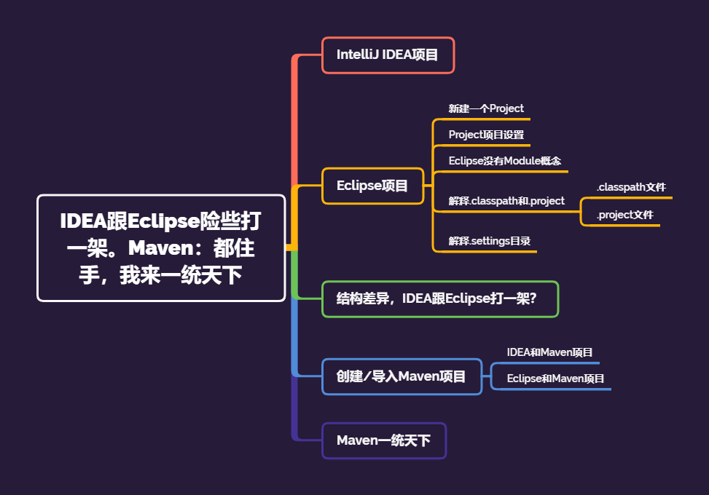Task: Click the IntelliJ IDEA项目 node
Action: click(388, 55)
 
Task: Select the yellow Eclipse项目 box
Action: click(372, 186)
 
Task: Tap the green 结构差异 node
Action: click(440, 298)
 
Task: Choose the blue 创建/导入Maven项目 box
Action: click(401, 376)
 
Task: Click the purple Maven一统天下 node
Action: click(383, 440)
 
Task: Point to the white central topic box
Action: click(161, 247)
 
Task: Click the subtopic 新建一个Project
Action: click(486, 108)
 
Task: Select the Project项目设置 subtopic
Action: click(486, 135)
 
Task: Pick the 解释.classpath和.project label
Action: click(506, 201)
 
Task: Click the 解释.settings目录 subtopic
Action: click(489, 240)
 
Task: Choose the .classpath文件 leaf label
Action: click(631, 188)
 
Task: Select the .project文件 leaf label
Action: click(624, 215)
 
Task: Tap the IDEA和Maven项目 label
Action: click(550, 352)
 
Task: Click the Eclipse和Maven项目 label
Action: click(555, 379)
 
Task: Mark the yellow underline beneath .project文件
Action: click(620, 226)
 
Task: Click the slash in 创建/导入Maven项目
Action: click(366, 377)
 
